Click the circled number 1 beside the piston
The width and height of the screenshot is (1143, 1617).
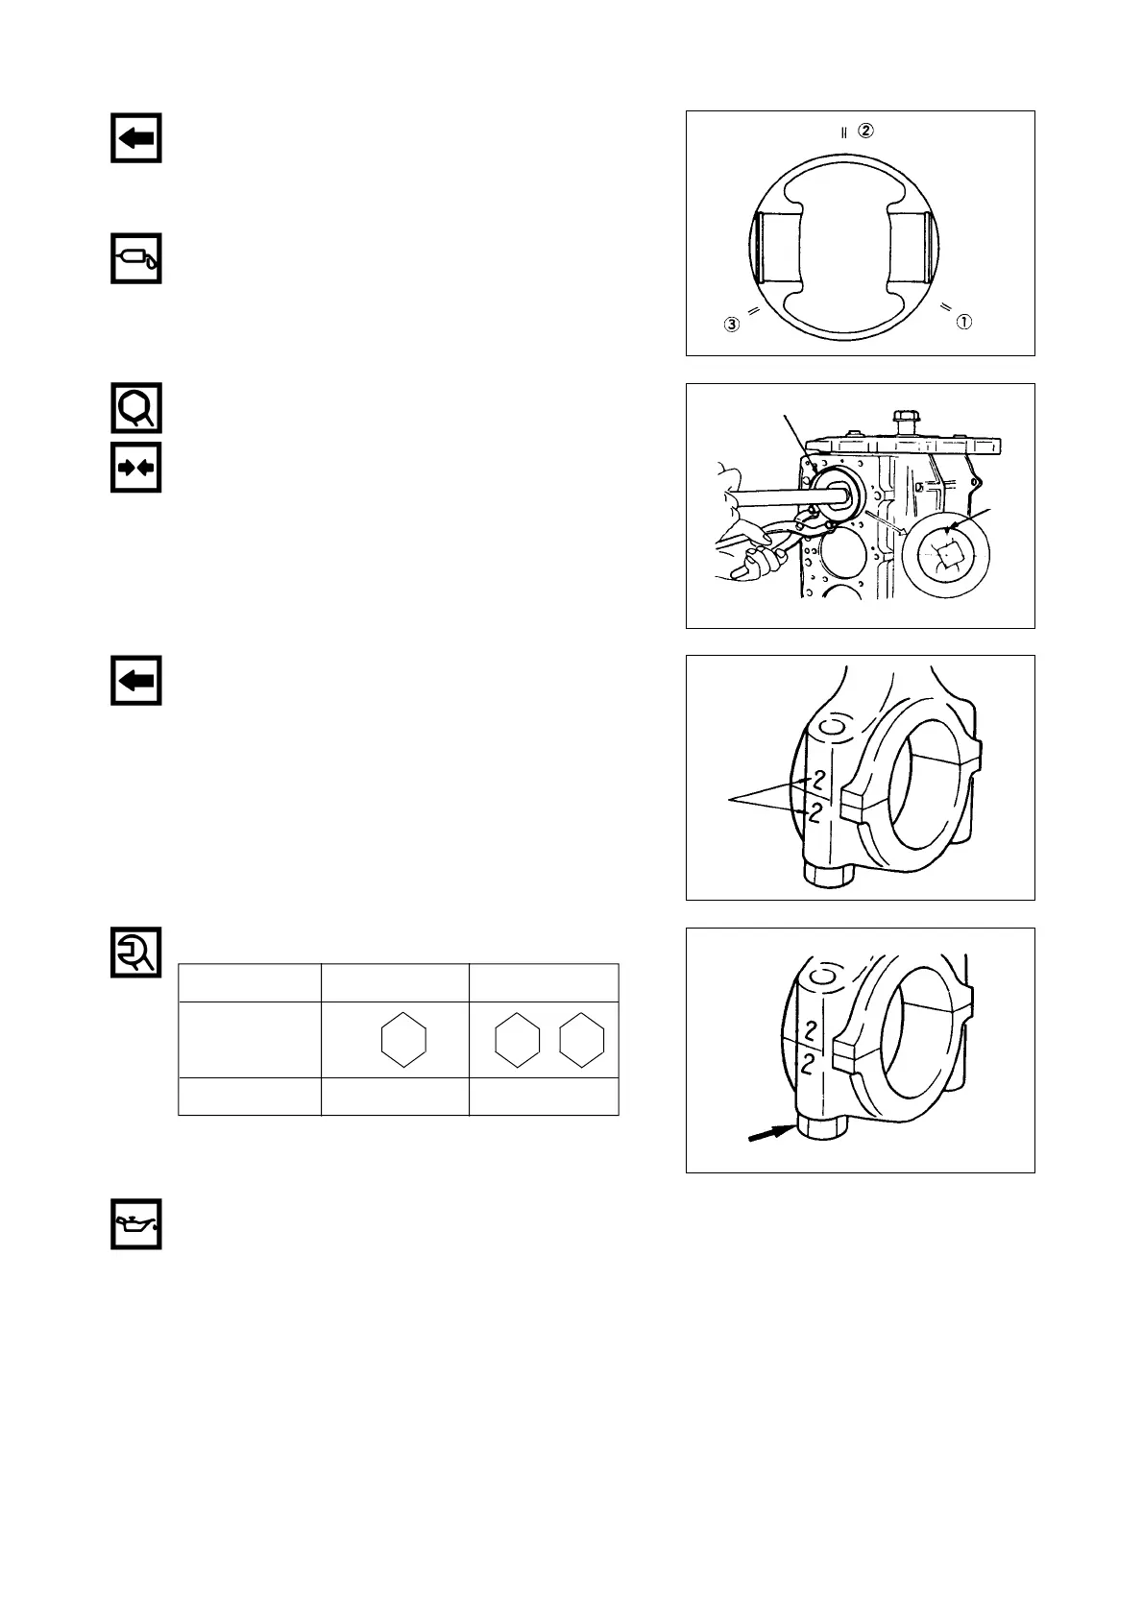tap(964, 322)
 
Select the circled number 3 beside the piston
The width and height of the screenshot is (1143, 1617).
tap(732, 326)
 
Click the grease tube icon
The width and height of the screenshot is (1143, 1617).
tap(135, 257)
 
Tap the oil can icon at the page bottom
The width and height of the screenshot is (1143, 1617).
tap(135, 1224)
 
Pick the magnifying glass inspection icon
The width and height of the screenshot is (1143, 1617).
tap(135, 408)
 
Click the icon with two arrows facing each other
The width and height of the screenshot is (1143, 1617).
tap(135, 468)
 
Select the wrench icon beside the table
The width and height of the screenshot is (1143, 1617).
tap(135, 953)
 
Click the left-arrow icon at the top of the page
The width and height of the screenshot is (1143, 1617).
tap(135, 137)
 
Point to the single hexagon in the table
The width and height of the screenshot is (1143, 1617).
tap(403, 1039)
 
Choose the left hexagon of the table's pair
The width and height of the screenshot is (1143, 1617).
tap(517, 1039)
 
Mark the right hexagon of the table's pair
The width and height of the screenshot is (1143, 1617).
tap(581, 1039)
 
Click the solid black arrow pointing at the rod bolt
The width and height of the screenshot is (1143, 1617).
tap(771, 1134)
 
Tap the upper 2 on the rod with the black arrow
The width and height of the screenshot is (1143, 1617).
tap(811, 1031)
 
